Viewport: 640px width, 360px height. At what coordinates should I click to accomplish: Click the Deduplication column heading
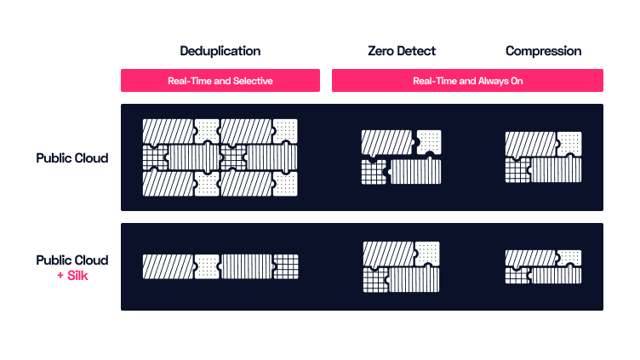point(220,51)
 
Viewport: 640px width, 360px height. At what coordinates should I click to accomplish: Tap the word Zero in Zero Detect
point(380,51)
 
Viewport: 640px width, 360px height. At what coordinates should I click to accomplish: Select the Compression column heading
point(543,51)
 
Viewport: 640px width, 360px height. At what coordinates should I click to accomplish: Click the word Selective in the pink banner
point(253,81)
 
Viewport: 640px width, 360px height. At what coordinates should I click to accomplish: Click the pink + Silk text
point(72,276)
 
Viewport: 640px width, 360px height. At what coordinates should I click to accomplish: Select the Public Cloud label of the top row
point(72,158)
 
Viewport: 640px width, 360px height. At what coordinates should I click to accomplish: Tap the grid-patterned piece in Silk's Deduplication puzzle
point(286,266)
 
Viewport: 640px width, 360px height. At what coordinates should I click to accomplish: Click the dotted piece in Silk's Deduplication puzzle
point(207,266)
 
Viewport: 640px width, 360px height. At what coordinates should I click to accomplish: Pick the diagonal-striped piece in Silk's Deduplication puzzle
point(169,266)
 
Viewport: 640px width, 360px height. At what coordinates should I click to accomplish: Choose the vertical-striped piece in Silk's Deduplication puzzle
point(246,266)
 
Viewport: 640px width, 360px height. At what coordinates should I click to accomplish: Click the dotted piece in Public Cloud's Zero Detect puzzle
point(429,142)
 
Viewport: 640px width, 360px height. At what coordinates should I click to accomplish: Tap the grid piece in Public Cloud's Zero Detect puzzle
point(374,171)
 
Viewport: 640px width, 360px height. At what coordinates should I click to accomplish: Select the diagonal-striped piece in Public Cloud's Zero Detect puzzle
point(387,142)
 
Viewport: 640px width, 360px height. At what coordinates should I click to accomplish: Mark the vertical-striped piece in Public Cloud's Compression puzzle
point(556,169)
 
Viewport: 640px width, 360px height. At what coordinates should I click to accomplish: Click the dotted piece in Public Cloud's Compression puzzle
point(569,144)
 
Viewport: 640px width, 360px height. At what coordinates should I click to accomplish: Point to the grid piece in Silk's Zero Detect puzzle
point(375,280)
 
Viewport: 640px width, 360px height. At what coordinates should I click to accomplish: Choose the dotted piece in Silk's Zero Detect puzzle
point(427,254)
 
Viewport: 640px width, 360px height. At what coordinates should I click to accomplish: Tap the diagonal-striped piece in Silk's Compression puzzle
point(530,259)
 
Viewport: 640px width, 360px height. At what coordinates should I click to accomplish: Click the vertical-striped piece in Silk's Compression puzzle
point(556,275)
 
